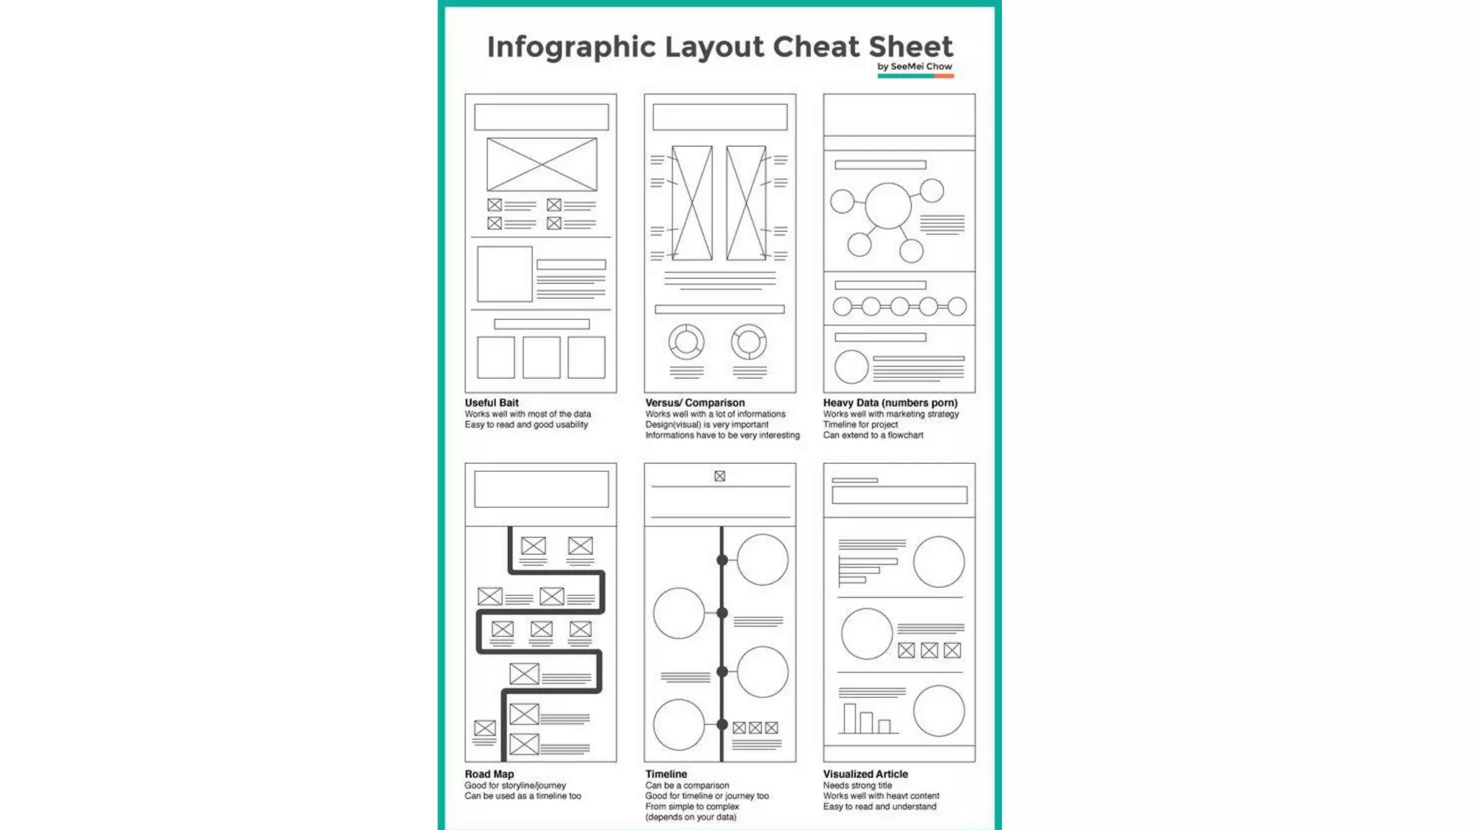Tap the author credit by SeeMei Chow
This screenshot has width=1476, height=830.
pyautogui.click(x=915, y=66)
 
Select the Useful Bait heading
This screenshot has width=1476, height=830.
pyautogui.click(x=492, y=403)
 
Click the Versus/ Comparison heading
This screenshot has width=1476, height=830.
pyautogui.click(x=695, y=403)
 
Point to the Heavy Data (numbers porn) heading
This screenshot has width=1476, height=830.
pyautogui.click(x=890, y=403)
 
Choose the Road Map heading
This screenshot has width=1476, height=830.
pyautogui.click(x=489, y=774)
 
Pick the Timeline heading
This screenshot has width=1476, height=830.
pyautogui.click(x=666, y=774)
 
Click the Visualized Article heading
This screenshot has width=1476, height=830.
pyautogui.click(x=866, y=774)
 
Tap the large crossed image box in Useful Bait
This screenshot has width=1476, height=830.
pyautogui.click(x=542, y=164)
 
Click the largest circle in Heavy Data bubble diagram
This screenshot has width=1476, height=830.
pyautogui.click(x=888, y=205)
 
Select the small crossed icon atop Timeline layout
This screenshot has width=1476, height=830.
pyautogui.click(x=719, y=476)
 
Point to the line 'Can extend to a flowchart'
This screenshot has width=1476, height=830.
pyautogui.click(x=873, y=435)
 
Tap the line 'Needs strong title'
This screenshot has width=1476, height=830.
pyautogui.click(x=858, y=785)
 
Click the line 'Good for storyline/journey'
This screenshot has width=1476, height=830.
pyautogui.click(x=515, y=785)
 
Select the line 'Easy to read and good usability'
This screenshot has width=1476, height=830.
pyautogui.click(x=526, y=424)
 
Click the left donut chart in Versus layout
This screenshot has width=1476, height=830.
pyautogui.click(x=686, y=342)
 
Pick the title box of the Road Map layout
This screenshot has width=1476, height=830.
pyautogui.click(x=541, y=489)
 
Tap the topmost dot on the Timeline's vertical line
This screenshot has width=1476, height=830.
pyautogui.click(x=722, y=560)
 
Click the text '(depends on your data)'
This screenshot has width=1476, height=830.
pyautogui.click(x=690, y=817)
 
